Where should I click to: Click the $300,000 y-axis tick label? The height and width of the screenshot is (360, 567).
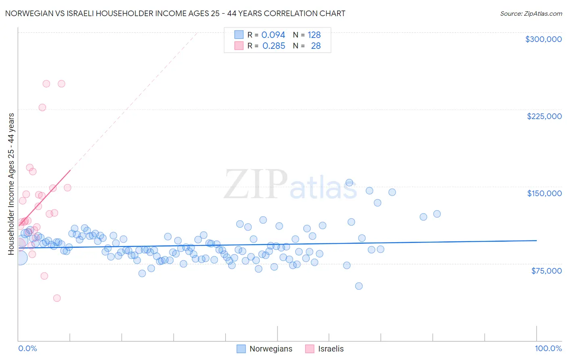click(543, 39)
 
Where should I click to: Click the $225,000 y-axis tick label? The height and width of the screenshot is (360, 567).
click(544, 116)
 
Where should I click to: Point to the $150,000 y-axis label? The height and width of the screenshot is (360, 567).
click(544, 193)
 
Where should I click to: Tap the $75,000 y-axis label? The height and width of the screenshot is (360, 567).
click(546, 271)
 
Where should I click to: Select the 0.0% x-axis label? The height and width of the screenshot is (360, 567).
click(27, 348)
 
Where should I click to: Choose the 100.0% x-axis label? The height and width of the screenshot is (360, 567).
click(548, 348)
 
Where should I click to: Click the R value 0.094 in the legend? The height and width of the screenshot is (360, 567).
click(273, 35)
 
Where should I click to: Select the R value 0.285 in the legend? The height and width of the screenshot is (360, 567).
click(273, 46)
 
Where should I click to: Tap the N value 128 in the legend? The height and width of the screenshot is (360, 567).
click(314, 35)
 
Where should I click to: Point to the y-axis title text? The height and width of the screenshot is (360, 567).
click(11, 184)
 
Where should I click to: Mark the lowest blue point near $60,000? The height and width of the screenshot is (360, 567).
click(359, 286)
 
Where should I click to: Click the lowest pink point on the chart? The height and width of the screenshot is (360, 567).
click(57, 298)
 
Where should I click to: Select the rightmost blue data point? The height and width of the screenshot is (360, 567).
click(437, 214)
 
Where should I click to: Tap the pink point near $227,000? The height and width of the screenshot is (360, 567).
click(42, 107)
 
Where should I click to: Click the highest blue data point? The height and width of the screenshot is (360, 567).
click(349, 182)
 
